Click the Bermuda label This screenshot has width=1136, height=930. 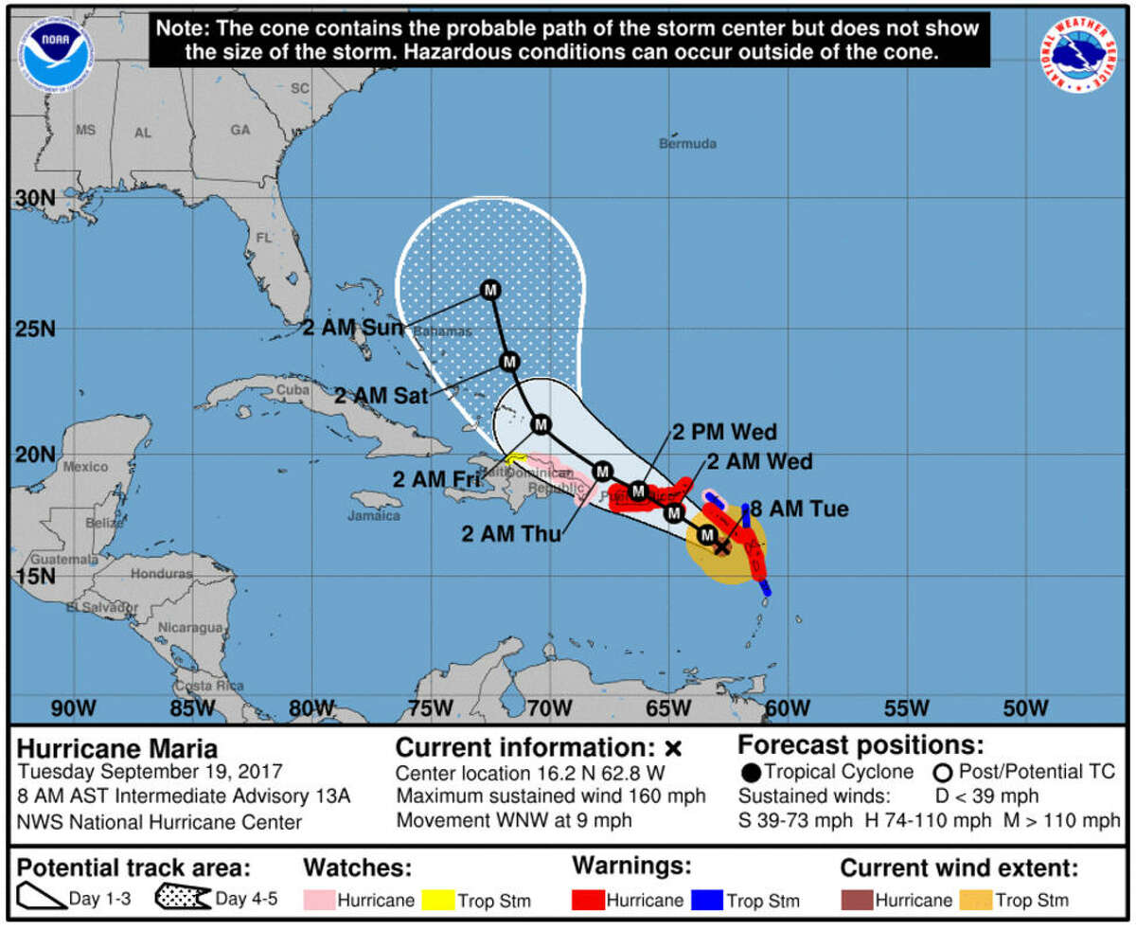point(687,144)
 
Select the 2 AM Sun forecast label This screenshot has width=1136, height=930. point(353,328)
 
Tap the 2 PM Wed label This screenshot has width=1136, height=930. point(725,433)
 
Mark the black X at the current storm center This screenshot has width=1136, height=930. point(721,546)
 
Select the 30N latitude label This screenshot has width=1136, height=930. point(34,201)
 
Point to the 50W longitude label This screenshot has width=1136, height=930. point(1025,708)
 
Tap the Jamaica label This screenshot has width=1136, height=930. point(373,516)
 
